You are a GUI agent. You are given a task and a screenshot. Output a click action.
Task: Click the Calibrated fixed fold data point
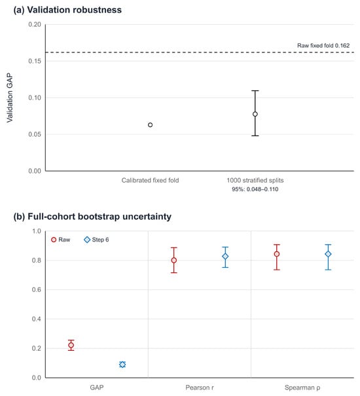(150, 125)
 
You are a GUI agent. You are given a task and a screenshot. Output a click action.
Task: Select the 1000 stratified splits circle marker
(255, 114)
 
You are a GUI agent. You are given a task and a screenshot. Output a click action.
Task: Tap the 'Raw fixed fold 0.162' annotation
(323, 45)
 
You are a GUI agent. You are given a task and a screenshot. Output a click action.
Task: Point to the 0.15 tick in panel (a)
(35, 61)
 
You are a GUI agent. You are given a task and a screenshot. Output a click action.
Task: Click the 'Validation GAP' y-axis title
(10, 98)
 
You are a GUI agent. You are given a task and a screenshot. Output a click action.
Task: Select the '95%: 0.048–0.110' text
(255, 189)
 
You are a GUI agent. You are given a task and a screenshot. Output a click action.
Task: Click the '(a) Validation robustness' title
(67, 10)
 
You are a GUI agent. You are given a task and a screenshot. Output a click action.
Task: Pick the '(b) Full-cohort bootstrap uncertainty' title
(92, 217)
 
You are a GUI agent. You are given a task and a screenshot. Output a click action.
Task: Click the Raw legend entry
(61, 240)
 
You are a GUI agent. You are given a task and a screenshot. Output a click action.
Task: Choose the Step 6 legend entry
(96, 240)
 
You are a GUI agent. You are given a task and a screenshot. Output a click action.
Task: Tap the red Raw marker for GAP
(71, 345)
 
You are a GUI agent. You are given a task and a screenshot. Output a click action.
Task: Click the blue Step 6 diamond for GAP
(122, 365)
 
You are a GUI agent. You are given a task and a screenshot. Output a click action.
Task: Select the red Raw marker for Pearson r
(174, 260)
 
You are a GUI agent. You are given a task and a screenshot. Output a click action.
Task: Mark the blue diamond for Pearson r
(225, 257)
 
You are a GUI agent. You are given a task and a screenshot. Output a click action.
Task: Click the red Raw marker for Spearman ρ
(277, 254)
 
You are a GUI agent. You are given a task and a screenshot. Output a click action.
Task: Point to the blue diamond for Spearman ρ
(328, 254)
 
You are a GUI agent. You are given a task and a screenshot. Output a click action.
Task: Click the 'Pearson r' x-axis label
(200, 387)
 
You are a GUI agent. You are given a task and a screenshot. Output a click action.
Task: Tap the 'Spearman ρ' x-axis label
(302, 387)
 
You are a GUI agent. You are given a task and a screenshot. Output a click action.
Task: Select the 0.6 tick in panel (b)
(37, 290)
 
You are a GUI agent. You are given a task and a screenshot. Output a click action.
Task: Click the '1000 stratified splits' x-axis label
(255, 180)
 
